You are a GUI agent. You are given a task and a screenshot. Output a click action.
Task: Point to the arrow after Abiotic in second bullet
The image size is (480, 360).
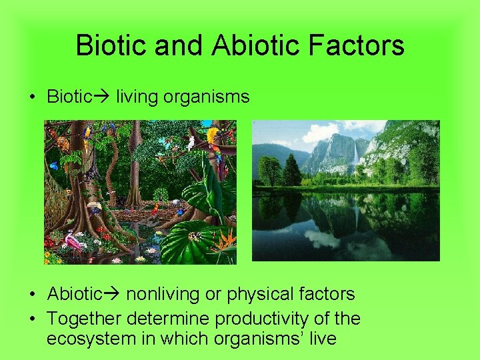(111, 294)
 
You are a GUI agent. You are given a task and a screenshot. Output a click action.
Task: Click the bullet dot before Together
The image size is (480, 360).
(33, 319)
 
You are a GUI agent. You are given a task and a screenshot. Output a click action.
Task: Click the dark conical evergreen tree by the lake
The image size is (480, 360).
(292, 171)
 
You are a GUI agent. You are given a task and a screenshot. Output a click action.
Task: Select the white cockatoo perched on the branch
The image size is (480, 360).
(191, 142)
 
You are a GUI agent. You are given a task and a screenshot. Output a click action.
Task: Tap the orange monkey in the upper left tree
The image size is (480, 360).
(63, 143)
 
